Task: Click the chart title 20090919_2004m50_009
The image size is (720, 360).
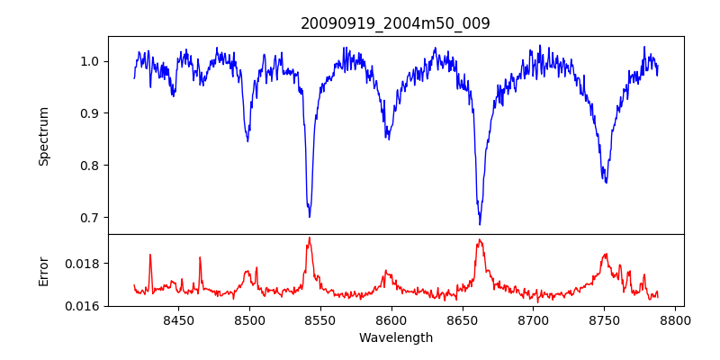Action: [x=395, y=23]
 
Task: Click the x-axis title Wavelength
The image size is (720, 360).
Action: [x=395, y=338]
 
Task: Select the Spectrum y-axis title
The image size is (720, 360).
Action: [x=44, y=136]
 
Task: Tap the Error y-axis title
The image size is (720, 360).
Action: [x=44, y=270]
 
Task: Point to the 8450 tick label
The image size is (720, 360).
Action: [x=178, y=320]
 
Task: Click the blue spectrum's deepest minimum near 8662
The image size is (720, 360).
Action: [x=480, y=224]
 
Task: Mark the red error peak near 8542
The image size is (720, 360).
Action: [x=309, y=238]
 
